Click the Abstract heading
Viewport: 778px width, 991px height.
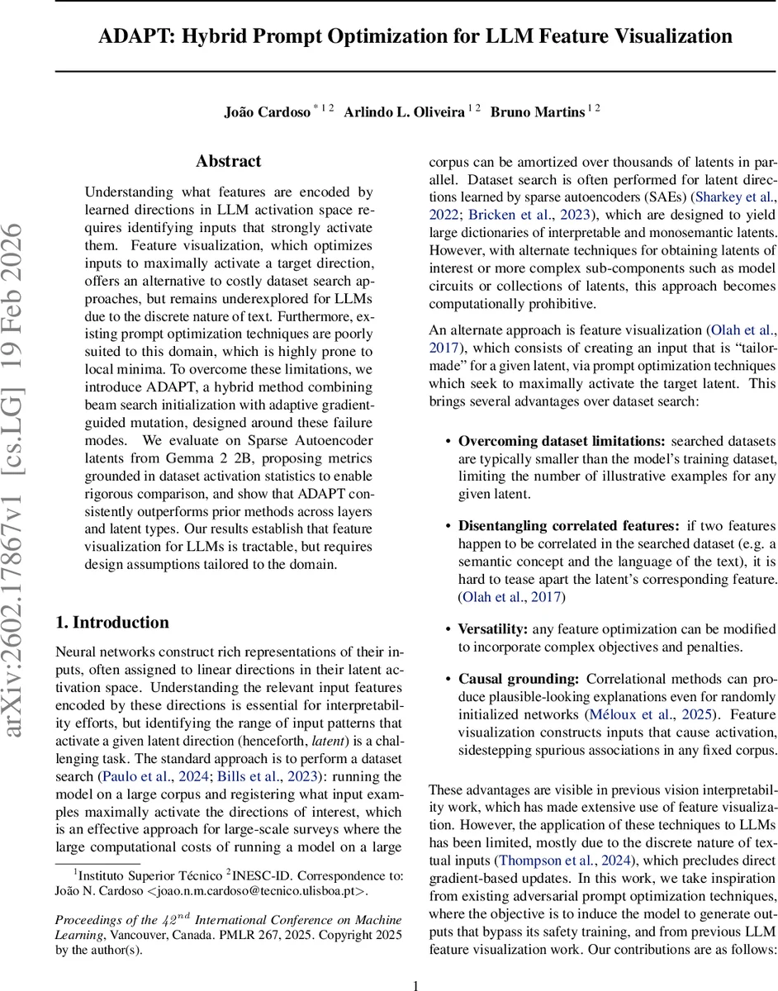click(228, 161)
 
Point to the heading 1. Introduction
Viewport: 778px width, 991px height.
click(111, 622)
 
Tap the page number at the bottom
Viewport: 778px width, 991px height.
click(416, 962)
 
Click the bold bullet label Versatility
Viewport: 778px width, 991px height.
click(488, 629)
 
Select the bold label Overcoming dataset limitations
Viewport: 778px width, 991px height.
click(562, 441)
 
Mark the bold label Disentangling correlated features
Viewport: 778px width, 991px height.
click(569, 526)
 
